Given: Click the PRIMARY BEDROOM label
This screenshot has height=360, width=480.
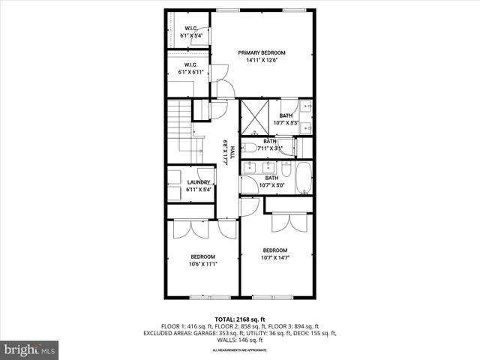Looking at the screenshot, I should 262,52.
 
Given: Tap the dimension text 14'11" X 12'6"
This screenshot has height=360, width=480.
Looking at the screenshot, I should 262,61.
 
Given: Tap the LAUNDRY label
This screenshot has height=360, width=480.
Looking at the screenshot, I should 198,182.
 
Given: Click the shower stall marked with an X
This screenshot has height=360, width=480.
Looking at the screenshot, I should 254,117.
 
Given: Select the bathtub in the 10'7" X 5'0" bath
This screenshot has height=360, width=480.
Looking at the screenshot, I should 303,179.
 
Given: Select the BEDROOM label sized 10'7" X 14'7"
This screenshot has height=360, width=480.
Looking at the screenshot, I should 275,250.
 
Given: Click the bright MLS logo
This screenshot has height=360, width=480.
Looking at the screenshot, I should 30,349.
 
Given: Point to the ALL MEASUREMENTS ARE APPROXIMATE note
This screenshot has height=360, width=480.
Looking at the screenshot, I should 240,350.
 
